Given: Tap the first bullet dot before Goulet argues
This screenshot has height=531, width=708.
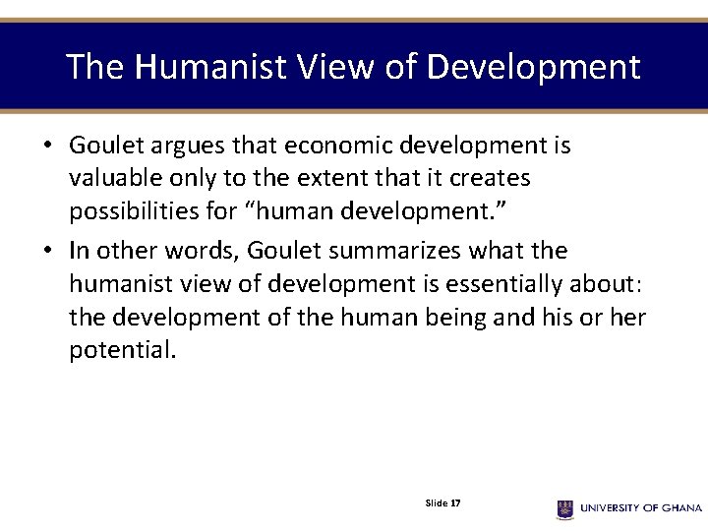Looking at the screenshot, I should (x=46, y=147).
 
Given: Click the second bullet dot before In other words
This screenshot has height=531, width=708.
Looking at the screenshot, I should (x=46, y=252).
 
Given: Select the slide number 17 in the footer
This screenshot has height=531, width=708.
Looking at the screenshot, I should (x=455, y=502).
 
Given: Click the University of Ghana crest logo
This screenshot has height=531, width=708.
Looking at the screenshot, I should (x=564, y=508).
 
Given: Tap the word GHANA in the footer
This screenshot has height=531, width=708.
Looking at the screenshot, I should (x=678, y=508).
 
